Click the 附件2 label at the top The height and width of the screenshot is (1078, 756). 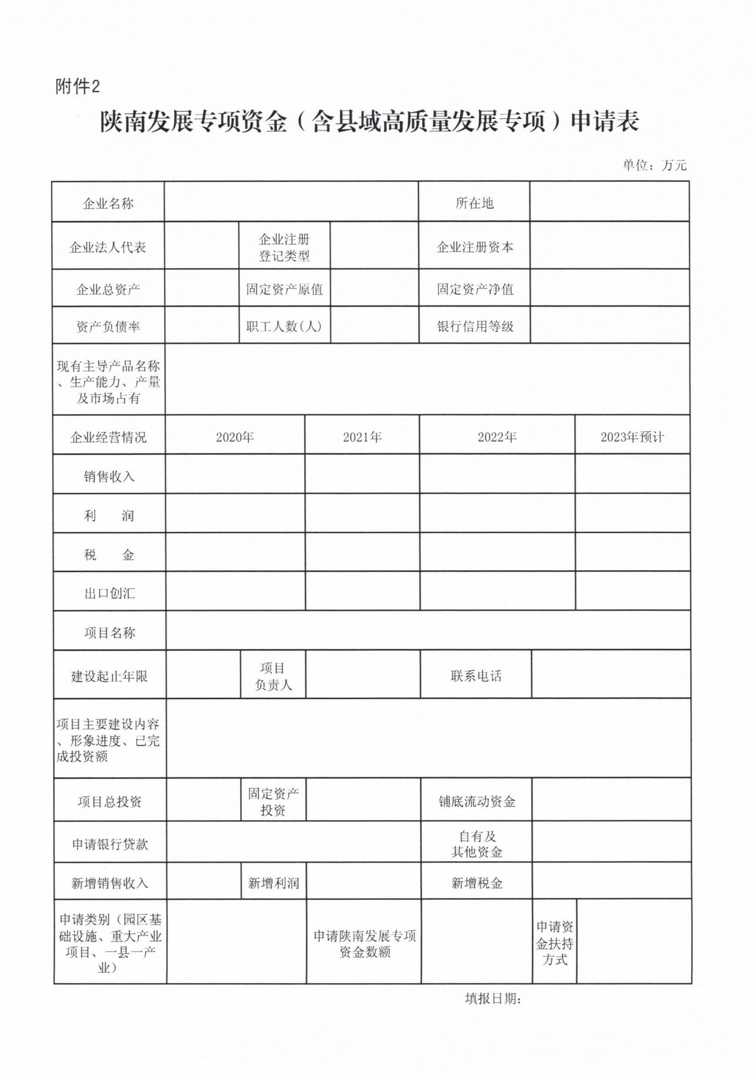pos(78,87)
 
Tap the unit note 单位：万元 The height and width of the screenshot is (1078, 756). pos(654,165)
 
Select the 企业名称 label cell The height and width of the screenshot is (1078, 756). pos(108,204)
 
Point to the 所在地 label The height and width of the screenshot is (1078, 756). pos(474,204)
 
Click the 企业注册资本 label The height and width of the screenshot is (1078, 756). pos(475,247)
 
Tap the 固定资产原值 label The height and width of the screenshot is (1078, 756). pos(284,290)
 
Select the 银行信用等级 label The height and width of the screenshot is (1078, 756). pos(475,327)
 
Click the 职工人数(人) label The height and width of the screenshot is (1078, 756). pos(284,327)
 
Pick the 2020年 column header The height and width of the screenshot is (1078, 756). pos(235,437)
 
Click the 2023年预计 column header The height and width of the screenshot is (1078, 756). pos(632,437)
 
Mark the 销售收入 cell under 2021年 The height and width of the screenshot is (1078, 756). pos(362,474)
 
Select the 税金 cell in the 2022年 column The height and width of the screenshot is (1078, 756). pos(497,553)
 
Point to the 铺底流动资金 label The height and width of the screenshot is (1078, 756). pos(477,801)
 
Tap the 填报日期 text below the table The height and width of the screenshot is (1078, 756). pos(493,999)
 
